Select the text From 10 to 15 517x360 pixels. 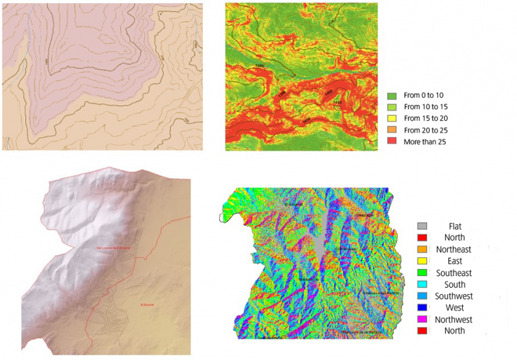point(425,107)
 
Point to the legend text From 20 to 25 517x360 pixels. point(425,130)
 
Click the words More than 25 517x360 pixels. point(425,142)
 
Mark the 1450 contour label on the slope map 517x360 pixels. point(306,120)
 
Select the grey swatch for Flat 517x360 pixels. point(424,226)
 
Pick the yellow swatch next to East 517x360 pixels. point(424,261)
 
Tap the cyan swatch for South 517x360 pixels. point(424,284)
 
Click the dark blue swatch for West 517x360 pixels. point(424,308)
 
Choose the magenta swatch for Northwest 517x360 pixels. point(424,319)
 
